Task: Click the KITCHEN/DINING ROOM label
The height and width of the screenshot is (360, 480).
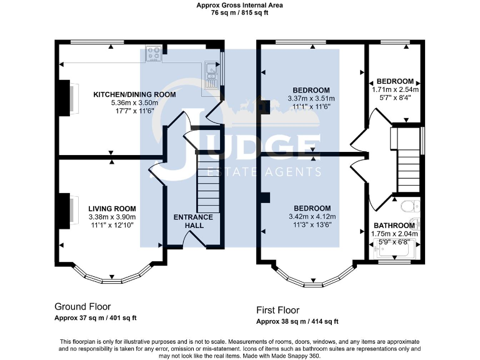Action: click(134, 94)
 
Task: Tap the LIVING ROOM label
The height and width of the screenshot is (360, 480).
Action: click(112, 209)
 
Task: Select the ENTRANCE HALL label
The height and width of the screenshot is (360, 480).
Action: click(193, 221)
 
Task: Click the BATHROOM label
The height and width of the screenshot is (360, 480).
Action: click(394, 226)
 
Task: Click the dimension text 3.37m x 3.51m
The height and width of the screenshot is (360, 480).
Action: click(311, 98)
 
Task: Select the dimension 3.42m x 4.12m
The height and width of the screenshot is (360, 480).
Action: click(312, 216)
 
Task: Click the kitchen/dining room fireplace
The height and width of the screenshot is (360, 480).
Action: click(65, 99)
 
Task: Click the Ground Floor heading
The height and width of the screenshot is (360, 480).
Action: click(82, 307)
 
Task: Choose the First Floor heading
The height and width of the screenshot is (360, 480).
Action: click(277, 310)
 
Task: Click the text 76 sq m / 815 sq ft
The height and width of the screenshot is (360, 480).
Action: click(240, 12)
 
